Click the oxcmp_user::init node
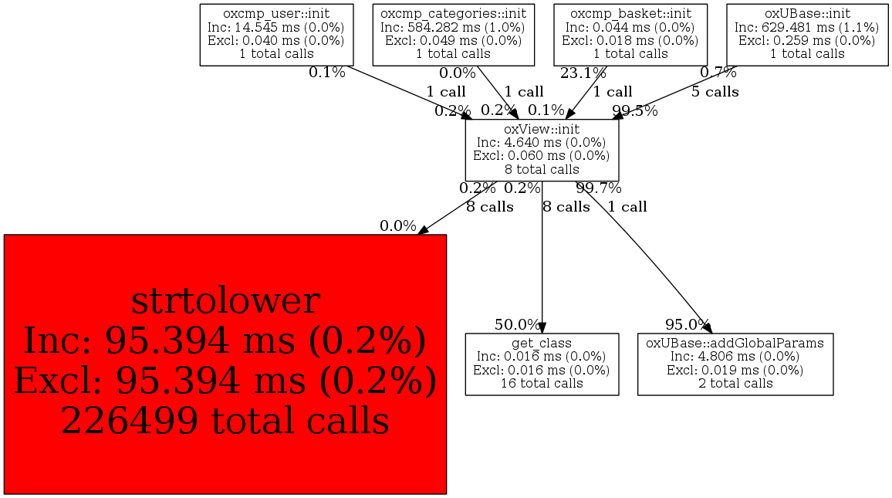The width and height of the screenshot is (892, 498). [x=276, y=34]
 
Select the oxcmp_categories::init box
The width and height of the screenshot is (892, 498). [x=453, y=34]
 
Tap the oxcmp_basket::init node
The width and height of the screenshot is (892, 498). [x=630, y=34]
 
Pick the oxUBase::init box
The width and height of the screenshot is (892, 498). [x=807, y=34]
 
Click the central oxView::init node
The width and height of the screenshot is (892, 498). [x=542, y=149]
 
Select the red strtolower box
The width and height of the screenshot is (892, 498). [x=225, y=364]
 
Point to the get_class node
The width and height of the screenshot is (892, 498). [x=542, y=364]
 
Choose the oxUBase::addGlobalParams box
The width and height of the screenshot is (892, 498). [x=735, y=364]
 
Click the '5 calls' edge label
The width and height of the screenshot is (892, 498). [x=715, y=92]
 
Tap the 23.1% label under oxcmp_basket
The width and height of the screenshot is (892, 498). [x=583, y=73]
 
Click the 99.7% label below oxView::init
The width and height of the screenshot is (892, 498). [x=599, y=188]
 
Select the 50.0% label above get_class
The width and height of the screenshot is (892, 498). [x=518, y=324]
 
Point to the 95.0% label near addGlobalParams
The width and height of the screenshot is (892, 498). [x=688, y=324]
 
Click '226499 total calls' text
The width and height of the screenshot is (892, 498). [x=225, y=421]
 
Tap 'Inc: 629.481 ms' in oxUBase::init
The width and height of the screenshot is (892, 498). [x=807, y=27]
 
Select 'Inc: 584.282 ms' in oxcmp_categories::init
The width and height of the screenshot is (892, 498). [x=453, y=27]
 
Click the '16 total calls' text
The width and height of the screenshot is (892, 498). [x=542, y=383]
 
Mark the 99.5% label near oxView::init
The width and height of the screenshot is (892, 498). [x=635, y=110]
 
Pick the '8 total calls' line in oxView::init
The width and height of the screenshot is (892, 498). [x=542, y=169]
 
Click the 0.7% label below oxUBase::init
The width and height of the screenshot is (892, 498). [x=718, y=73]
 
